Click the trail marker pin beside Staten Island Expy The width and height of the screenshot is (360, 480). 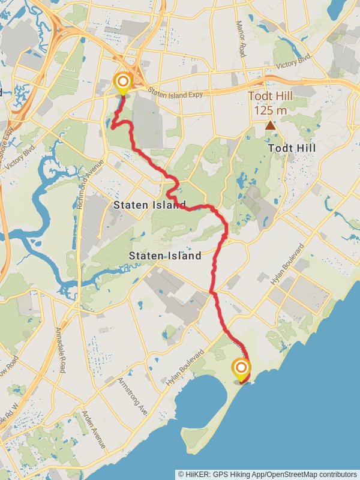coord(123,83)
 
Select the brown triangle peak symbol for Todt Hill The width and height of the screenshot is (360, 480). coord(271,125)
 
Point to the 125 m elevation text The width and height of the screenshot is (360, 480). coord(270,111)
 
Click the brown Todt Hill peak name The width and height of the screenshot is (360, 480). coord(270,98)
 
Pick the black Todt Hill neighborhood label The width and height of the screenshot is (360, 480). coord(292,148)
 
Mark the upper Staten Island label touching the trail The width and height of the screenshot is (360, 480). coord(149,206)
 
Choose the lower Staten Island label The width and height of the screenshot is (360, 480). coord(165,256)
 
